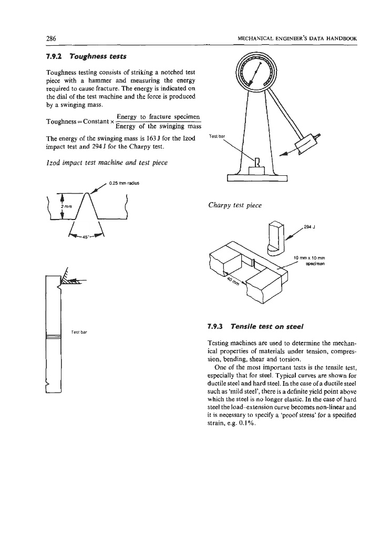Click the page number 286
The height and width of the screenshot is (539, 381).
[51, 38]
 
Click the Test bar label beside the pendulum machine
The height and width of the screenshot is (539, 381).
[217, 136]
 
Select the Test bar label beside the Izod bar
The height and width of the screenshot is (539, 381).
[79, 333]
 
